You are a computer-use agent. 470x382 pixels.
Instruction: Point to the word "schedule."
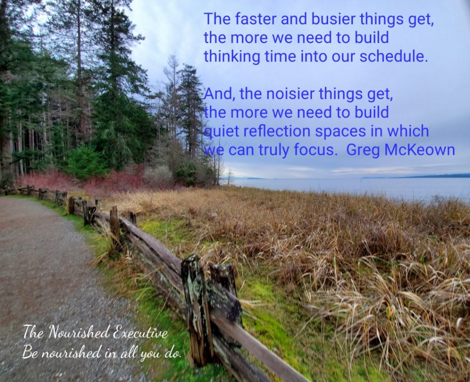tap(393, 56)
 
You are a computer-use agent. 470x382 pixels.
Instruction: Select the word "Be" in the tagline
tap(30, 352)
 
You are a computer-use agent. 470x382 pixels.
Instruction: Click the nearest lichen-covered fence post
tap(197, 310)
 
